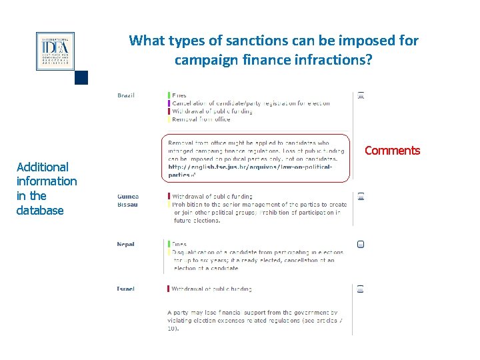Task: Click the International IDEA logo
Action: (55, 51)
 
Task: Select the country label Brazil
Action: (126, 95)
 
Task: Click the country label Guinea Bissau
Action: (128, 201)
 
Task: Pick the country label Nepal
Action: (125, 245)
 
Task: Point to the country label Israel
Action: (125, 289)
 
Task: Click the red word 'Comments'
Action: (392, 151)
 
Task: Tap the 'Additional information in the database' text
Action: (47, 189)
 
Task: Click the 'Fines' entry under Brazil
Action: (179, 96)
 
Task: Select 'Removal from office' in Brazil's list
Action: (201, 120)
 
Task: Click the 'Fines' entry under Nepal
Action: (179, 245)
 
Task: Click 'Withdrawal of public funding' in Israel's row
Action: (212, 289)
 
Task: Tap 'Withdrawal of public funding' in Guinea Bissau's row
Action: (212, 197)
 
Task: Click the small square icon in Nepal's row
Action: (361, 245)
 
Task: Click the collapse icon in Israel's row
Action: (361, 289)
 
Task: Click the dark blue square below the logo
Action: (81, 78)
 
